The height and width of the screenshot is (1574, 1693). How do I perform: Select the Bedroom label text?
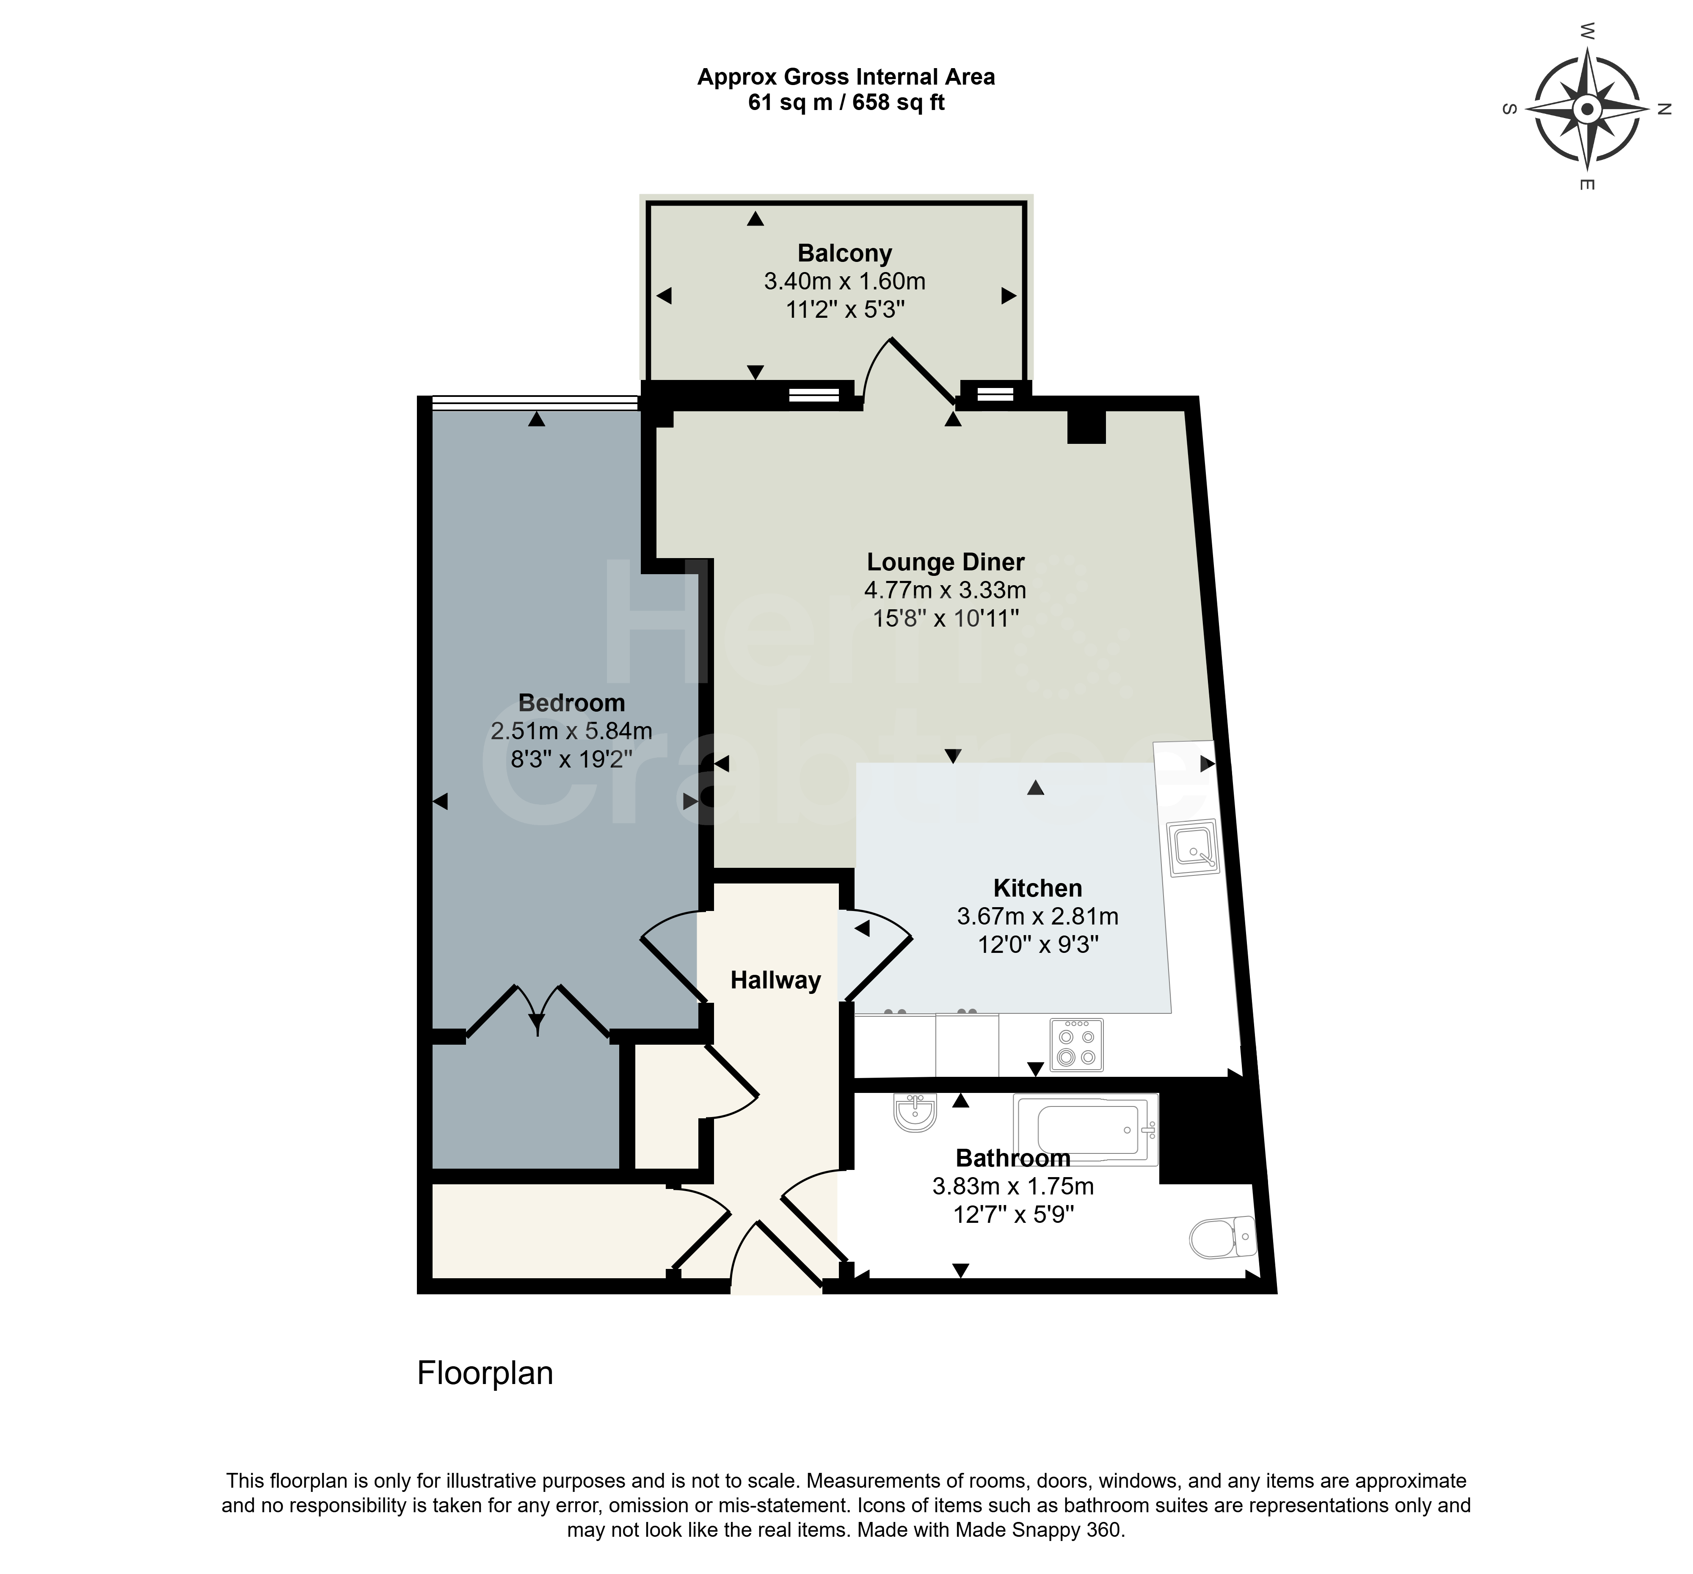coord(571,703)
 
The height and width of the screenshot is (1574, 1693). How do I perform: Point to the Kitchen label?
coord(1037,889)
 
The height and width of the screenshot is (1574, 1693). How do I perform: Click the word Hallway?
coord(775,981)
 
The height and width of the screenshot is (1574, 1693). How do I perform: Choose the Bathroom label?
coord(1012,1158)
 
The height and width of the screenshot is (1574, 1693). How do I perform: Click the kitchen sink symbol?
coord(1194,848)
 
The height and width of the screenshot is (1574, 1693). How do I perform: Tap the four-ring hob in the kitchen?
coord(1076,1045)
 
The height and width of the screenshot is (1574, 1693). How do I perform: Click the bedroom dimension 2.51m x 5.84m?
coord(571,730)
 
